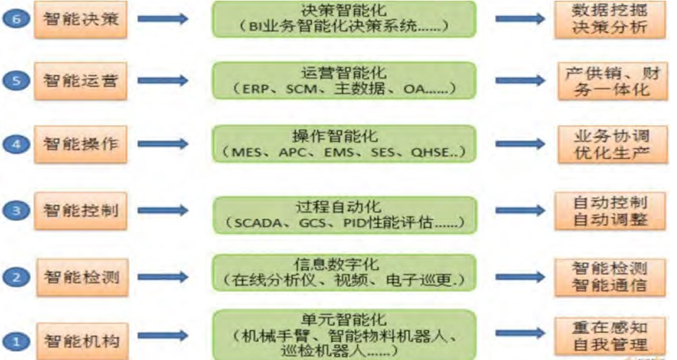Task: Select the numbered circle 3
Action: tap(20, 211)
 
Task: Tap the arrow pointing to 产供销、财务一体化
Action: tap(521, 80)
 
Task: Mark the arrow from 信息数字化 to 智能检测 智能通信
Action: tap(521, 275)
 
